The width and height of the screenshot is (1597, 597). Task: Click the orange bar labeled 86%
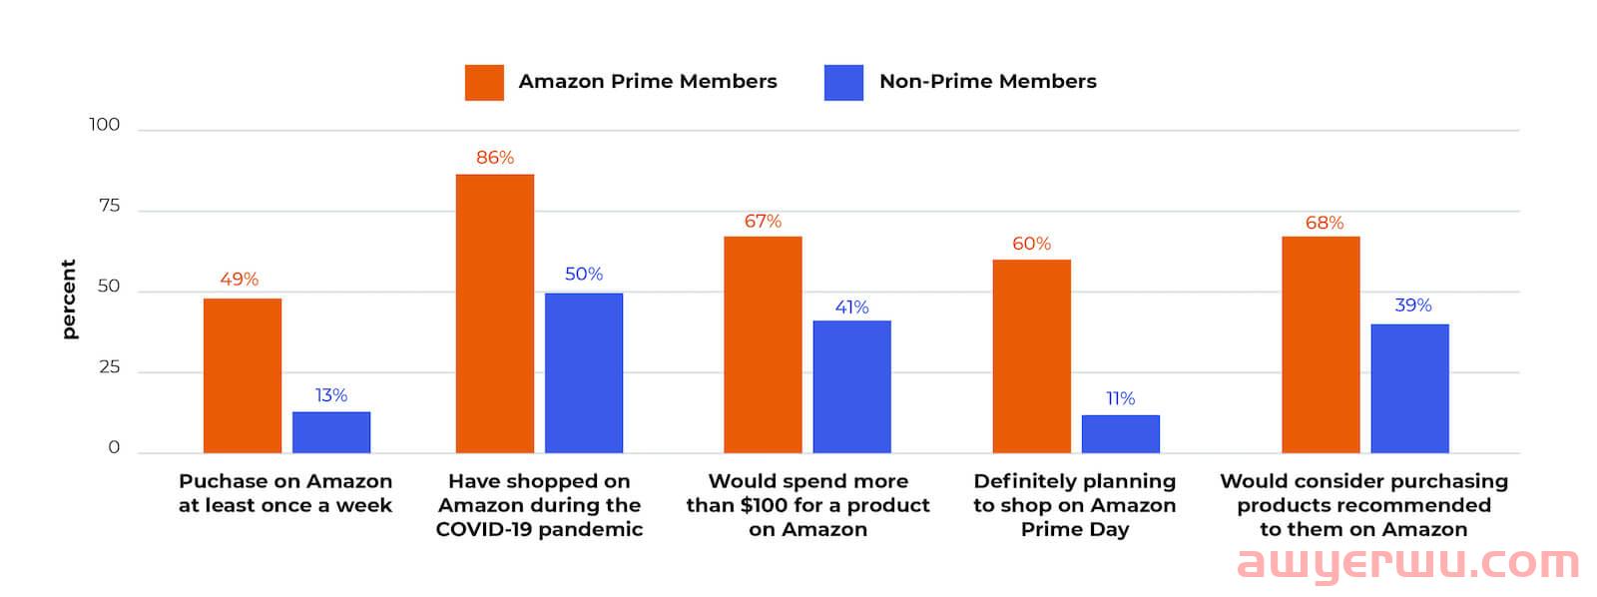pos(494,313)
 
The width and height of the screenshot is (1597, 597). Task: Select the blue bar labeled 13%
pos(331,432)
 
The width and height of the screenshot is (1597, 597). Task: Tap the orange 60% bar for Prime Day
pos(1031,356)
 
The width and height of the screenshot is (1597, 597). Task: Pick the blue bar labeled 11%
pos(1120,434)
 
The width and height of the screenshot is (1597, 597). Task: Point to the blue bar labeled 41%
pos(851,387)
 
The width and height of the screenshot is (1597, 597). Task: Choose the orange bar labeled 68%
pos(1320,344)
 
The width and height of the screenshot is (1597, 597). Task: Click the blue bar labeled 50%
pos(583,372)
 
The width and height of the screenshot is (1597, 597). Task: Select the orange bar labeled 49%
pos(243,375)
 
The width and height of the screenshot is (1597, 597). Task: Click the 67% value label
pos(763,221)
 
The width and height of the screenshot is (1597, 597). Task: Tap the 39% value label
pos(1412,305)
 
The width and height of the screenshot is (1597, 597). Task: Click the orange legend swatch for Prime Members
pos(484,82)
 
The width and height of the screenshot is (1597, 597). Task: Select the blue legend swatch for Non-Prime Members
pos(843,82)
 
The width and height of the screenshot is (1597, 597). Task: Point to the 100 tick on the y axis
pos(104,125)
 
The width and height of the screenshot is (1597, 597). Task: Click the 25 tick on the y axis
pos(109,367)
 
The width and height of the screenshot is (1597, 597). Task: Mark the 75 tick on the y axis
pos(109,206)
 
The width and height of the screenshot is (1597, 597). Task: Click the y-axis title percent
pos(69,299)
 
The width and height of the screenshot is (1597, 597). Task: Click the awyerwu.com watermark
pos(1406,564)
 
